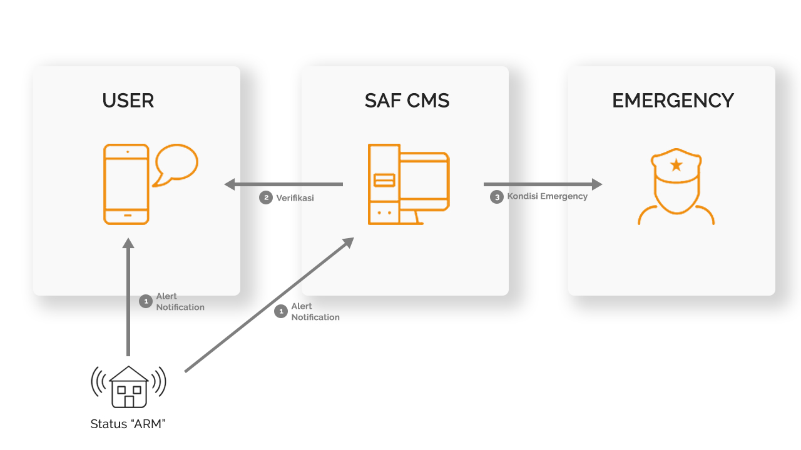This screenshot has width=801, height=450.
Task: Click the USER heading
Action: pyautogui.click(x=128, y=101)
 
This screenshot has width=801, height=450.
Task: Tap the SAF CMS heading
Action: pyautogui.click(x=407, y=101)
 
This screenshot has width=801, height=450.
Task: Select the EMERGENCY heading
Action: pyautogui.click(x=673, y=101)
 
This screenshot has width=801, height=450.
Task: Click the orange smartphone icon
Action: pyautogui.click(x=126, y=184)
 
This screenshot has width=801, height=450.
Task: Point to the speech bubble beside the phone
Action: pyautogui.click(x=176, y=164)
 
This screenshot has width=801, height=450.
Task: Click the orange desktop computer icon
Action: pyautogui.click(x=408, y=184)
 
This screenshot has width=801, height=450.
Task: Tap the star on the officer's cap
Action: pyautogui.click(x=676, y=165)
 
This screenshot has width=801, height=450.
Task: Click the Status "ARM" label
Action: pyautogui.click(x=128, y=424)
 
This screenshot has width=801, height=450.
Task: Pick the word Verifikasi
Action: pyautogui.click(x=295, y=198)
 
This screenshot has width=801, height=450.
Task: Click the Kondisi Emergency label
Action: pyautogui.click(x=548, y=196)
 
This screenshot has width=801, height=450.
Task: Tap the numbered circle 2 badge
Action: pyautogui.click(x=266, y=198)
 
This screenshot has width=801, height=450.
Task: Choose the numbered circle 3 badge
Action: pyautogui.click(x=497, y=197)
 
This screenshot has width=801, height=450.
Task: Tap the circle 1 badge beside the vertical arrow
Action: pyautogui.click(x=145, y=301)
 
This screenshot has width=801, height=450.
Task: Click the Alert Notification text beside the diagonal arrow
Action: pyautogui.click(x=315, y=312)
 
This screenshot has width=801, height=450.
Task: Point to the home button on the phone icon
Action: pyautogui.click(x=127, y=216)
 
